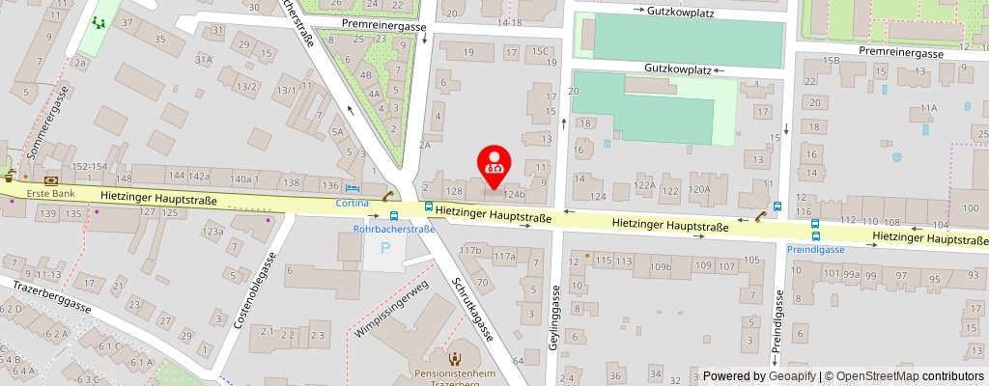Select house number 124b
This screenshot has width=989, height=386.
click(515, 194)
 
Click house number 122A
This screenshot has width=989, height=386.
click(644, 185)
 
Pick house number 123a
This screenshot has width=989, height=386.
click(212, 232)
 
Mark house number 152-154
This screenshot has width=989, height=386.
click(90, 167)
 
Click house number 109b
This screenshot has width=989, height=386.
click(661, 266)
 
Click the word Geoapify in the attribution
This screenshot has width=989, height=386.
click(790, 376)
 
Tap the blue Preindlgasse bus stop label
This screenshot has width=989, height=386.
click(816, 249)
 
